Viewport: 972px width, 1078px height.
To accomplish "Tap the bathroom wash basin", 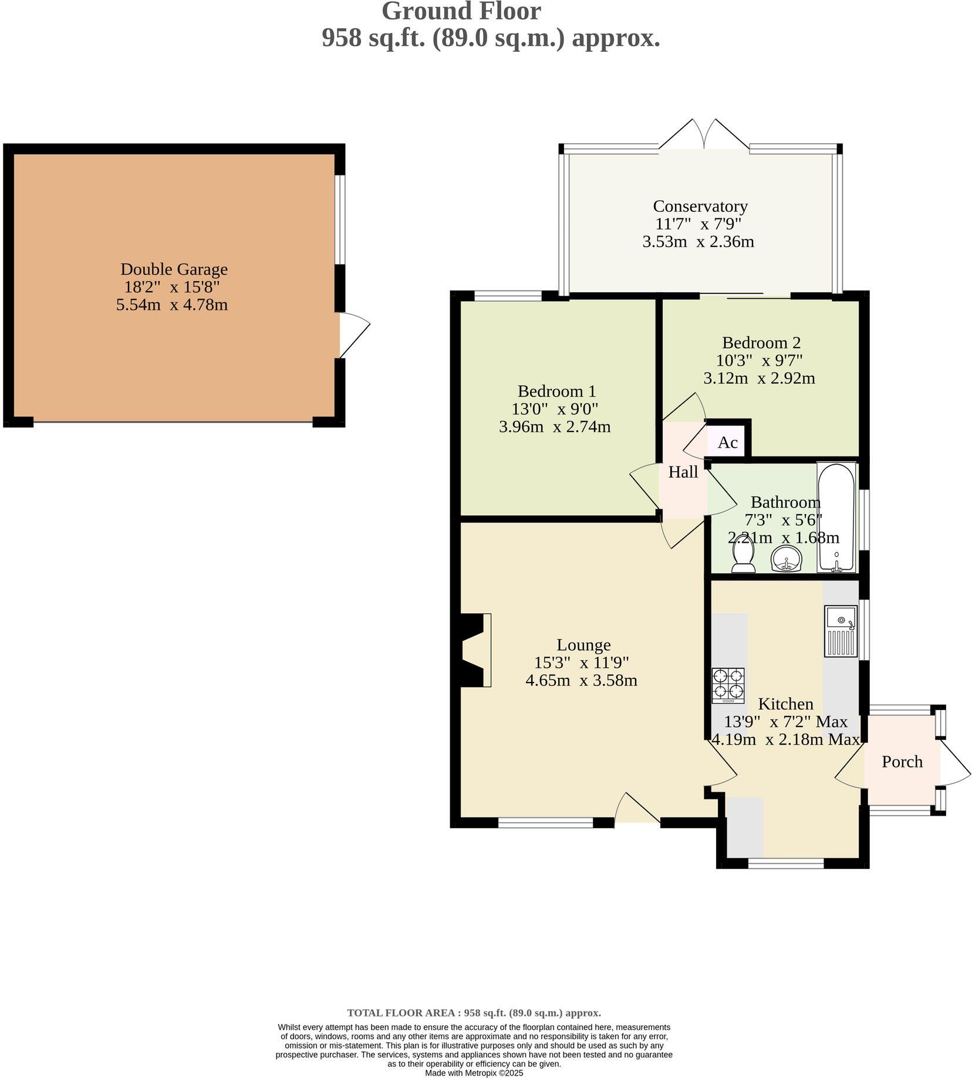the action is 785,559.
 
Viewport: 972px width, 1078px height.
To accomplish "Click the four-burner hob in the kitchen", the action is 728,685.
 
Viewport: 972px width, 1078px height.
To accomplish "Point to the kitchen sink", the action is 841,631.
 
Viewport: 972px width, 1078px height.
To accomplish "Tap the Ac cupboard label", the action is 727,442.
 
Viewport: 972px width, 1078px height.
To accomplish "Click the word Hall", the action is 683,472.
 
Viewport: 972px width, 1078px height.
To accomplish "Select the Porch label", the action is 902,762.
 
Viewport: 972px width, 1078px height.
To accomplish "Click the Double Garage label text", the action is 174,269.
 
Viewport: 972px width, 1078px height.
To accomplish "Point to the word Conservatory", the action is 700,207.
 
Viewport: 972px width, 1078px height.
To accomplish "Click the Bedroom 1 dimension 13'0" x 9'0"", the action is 555,408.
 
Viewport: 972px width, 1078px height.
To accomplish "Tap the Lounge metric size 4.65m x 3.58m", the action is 581,681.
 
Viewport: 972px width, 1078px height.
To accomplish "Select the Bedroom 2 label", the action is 761,343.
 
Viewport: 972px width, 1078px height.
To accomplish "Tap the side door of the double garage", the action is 355,335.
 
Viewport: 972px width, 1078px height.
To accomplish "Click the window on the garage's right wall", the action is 340,219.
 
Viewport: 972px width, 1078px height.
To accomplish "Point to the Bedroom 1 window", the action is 508,296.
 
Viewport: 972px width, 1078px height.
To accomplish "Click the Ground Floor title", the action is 461,12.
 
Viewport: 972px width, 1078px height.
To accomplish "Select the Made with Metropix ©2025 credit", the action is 474,1073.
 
